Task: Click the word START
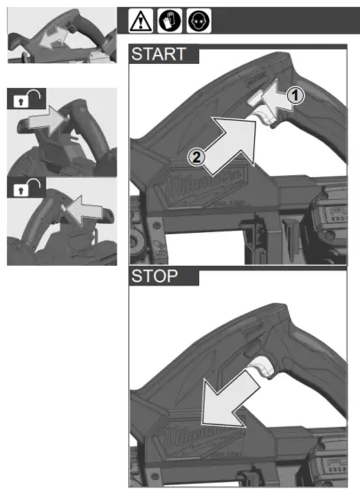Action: (159, 54)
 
